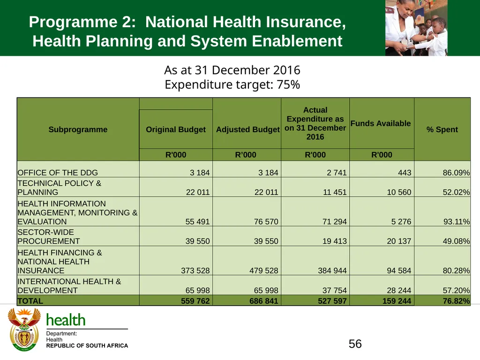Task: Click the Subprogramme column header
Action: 78,129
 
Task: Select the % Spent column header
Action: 442,129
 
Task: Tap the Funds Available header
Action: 381,123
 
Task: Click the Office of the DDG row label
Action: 58,172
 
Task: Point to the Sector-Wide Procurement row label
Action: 48,237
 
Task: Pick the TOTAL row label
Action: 30,301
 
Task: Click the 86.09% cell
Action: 456,172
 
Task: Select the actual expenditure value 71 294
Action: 335,222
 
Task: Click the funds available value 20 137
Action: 399,241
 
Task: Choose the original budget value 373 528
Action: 195,270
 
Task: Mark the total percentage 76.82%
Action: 456,301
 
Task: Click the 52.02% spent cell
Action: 456,192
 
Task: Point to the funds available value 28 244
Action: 399,290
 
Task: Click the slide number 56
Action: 355,344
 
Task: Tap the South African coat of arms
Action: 24,330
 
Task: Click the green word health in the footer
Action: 66,320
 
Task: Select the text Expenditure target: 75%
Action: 232,84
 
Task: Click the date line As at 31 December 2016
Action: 232,70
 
